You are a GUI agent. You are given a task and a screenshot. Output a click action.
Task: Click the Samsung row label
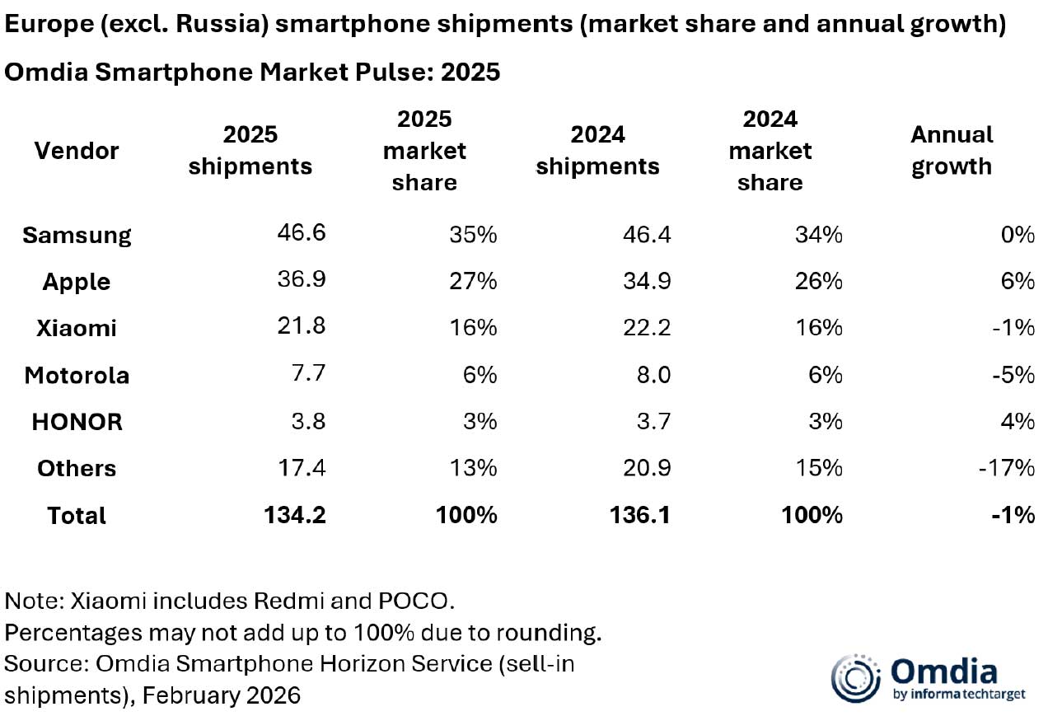click(x=77, y=235)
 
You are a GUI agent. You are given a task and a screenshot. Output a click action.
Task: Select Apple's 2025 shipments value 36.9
click(x=302, y=279)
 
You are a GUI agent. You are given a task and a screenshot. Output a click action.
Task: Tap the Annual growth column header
click(x=952, y=150)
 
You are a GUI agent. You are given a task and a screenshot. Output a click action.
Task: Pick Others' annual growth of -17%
click(x=1008, y=468)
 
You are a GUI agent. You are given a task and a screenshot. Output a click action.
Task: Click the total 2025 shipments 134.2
click(x=295, y=515)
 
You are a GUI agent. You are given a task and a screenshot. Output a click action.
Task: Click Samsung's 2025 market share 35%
click(x=474, y=235)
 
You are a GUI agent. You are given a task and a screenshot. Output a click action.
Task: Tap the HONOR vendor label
click(x=77, y=422)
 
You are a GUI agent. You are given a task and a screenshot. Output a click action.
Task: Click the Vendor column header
click(x=77, y=151)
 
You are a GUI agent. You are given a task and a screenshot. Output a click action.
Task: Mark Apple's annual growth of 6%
click(x=1018, y=281)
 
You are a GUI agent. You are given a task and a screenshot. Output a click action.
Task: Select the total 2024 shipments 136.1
click(x=641, y=515)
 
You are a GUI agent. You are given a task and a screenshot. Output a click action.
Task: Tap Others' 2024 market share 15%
click(x=819, y=468)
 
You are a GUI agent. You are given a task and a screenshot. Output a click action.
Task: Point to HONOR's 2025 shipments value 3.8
click(x=307, y=422)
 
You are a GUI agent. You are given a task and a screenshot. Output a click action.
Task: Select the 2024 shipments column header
click(x=597, y=150)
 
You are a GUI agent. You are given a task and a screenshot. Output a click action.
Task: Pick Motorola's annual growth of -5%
click(x=1013, y=375)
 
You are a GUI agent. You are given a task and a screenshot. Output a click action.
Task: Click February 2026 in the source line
click(x=221, y=695)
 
